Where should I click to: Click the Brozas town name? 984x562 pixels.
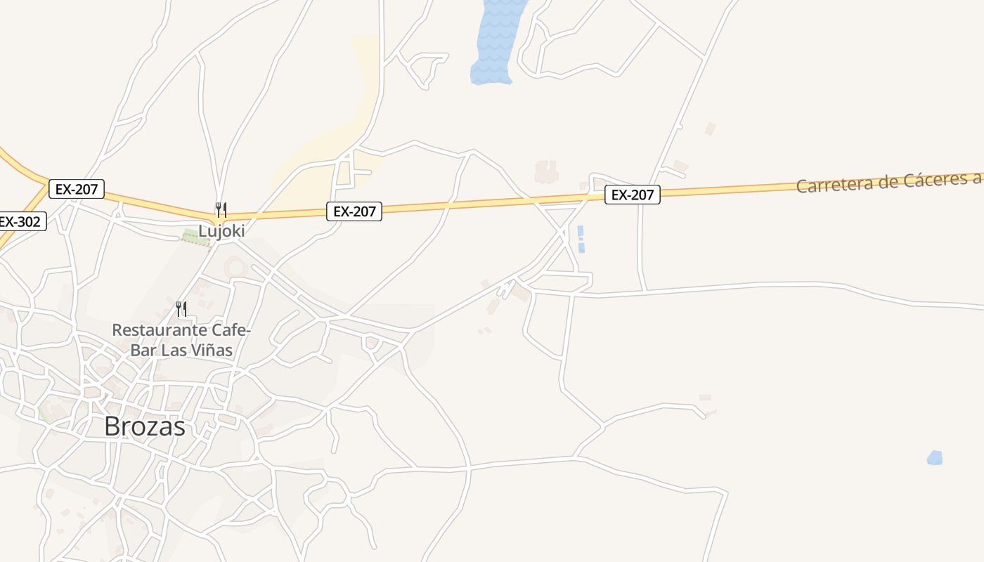tap(145, 426)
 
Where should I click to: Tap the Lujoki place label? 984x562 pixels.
tap(221, 230)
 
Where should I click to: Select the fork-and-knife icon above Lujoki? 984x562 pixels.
tap(221, 209)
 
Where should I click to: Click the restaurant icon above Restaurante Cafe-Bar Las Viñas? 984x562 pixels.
tap(181, 308)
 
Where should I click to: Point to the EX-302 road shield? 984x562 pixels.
tap(20, 222)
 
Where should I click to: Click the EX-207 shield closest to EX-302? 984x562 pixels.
tap(77, 188)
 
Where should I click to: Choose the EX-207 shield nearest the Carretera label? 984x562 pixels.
tap(632, 195)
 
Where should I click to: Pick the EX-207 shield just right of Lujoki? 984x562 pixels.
tap(354, 211)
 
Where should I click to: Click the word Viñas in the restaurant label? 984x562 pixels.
tap(209, 349)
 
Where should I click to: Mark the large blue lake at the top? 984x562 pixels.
tap(498, 42)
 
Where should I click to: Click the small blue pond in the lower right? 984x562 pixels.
tap(934, 458)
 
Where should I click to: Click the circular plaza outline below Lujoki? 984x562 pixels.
tap(235, 267)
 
